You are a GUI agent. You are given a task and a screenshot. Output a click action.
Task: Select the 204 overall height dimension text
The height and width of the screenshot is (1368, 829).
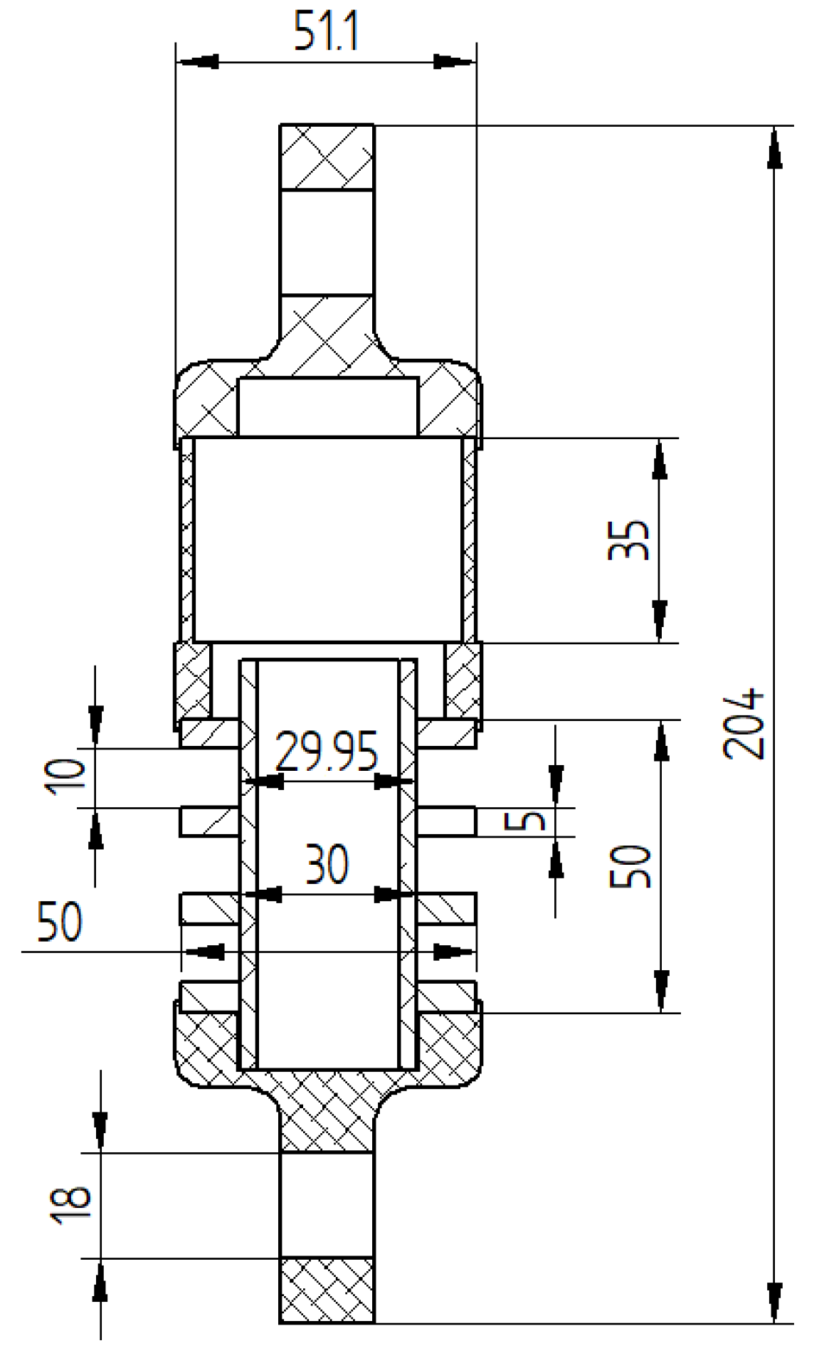pos(743,723)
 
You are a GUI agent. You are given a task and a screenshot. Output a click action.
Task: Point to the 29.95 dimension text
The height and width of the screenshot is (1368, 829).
pos(326,751)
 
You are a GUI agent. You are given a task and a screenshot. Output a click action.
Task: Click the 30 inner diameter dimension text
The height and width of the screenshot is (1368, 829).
pos(327,864)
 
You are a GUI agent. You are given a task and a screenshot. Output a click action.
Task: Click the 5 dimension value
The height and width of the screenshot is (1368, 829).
pos(525,820)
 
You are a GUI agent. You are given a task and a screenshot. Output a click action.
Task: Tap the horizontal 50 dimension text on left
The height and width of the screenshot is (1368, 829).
pos(60,922)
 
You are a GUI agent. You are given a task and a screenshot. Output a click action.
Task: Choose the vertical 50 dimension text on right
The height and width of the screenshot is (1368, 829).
pos(630,866)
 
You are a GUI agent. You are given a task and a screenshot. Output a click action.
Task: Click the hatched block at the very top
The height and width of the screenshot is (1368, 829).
pos(327,157)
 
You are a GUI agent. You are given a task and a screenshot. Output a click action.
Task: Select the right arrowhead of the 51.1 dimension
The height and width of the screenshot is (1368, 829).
pos(454,62)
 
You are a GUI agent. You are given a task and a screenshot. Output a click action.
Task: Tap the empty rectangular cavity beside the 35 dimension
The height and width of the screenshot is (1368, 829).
pos(327,540)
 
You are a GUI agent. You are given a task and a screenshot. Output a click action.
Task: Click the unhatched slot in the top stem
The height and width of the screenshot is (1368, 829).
pos(327,242)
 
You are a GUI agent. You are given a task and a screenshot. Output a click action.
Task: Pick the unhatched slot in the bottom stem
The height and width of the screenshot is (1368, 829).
pos(327,1205)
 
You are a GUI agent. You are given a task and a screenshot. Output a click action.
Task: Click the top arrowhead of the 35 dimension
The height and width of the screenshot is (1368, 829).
pos(660,459)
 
